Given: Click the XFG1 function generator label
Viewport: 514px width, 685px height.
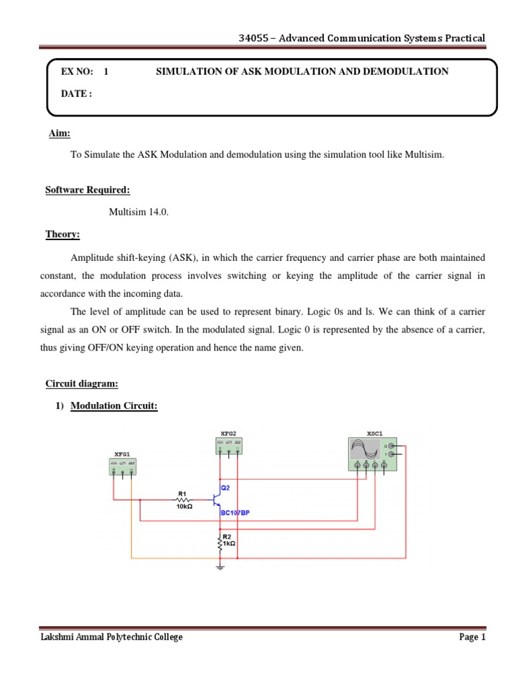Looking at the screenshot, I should pos(122,454).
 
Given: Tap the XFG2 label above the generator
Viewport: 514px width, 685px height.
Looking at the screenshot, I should pos(228,433).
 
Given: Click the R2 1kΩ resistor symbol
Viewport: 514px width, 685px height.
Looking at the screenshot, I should pos(219,543).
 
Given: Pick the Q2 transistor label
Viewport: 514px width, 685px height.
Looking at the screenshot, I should pos(225,488).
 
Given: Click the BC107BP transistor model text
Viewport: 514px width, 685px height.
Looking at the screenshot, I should pos(235,513).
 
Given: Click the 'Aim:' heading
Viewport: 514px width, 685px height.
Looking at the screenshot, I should pos(59,134).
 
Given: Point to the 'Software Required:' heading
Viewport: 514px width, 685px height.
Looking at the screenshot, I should pos(82,190).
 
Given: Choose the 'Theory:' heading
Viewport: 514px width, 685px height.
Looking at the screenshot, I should pos(62,234).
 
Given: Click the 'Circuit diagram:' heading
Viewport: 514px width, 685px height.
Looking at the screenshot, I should pos(82,384).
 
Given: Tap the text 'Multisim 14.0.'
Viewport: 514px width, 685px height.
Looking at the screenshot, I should pos(139,212).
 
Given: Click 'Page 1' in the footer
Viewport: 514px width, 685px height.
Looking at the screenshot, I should pos(472,638).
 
